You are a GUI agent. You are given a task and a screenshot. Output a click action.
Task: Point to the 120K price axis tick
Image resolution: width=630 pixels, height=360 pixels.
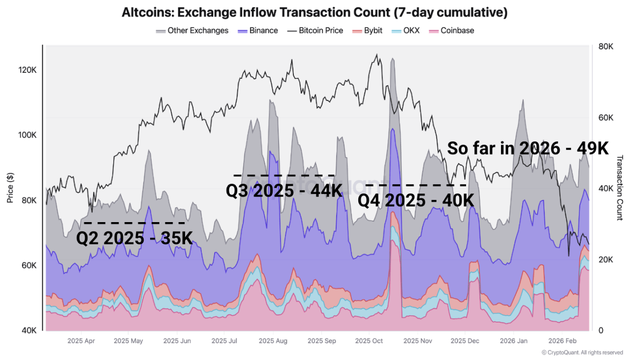(28, 70)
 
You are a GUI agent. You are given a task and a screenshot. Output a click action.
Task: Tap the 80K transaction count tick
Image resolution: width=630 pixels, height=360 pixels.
(605, 47)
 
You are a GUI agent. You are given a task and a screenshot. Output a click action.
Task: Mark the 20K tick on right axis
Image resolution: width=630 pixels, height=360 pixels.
(605, 260)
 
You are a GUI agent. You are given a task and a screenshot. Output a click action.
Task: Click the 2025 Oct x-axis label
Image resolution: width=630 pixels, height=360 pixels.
(369, 340)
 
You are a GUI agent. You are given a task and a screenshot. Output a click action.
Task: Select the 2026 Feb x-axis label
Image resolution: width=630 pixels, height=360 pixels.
(562, 340)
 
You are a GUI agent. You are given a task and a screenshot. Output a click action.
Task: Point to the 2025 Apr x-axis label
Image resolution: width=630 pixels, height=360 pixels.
(81, 340)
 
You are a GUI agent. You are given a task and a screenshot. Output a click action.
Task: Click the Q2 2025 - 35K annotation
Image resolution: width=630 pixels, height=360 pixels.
(134, 238)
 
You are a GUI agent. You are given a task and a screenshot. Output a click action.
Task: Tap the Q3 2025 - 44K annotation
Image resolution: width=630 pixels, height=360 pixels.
(283, 191)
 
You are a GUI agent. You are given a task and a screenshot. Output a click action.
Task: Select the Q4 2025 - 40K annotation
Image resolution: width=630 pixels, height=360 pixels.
(415, 200)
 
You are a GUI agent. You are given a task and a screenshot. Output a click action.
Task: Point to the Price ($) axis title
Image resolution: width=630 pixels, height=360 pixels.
(10, 188)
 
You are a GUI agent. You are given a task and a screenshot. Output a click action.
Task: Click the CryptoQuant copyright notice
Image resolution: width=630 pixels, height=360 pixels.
(582, 353)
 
